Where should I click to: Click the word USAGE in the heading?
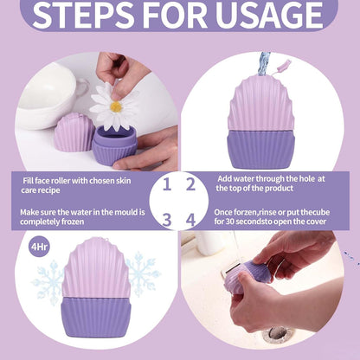269,15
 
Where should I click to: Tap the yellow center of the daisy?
116,106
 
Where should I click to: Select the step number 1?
167,184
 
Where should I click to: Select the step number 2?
190,184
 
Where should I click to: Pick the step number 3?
167,220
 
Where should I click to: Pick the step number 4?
190,220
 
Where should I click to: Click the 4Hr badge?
39,247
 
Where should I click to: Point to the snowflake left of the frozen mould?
48,283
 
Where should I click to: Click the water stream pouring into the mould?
264,63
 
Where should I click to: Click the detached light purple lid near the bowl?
74,132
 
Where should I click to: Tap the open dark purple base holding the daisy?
114,145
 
